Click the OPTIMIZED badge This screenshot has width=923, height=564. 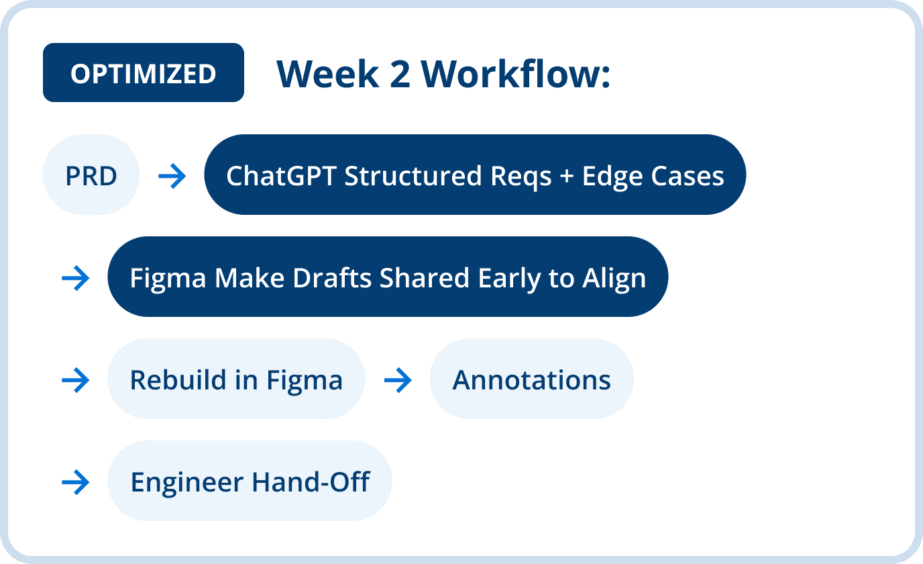[x=144, y=73]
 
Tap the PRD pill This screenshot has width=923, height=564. [x=91, y=175]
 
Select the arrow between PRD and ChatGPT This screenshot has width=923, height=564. [x=172, y=176]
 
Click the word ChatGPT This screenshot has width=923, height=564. [x=281, y=176]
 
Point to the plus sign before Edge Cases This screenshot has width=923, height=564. [x=567, y=177]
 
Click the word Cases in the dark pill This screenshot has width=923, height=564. [x=688, y=176]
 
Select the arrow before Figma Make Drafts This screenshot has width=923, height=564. [x=75, y=278]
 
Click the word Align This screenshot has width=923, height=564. [x=614, y=279]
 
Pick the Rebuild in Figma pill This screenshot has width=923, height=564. [x=236, y=379]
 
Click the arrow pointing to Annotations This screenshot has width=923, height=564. [x=398, y=380]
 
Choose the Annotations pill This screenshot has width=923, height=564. [x=531, y=379]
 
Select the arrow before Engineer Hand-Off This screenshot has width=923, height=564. [x=75, y=482]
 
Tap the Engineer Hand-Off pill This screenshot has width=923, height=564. [x=250, y=481]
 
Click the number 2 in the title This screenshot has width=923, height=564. [x=400, y=74]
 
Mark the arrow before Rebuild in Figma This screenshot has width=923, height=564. [x=75, y=380]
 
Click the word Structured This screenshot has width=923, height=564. [x=413, y=176]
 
